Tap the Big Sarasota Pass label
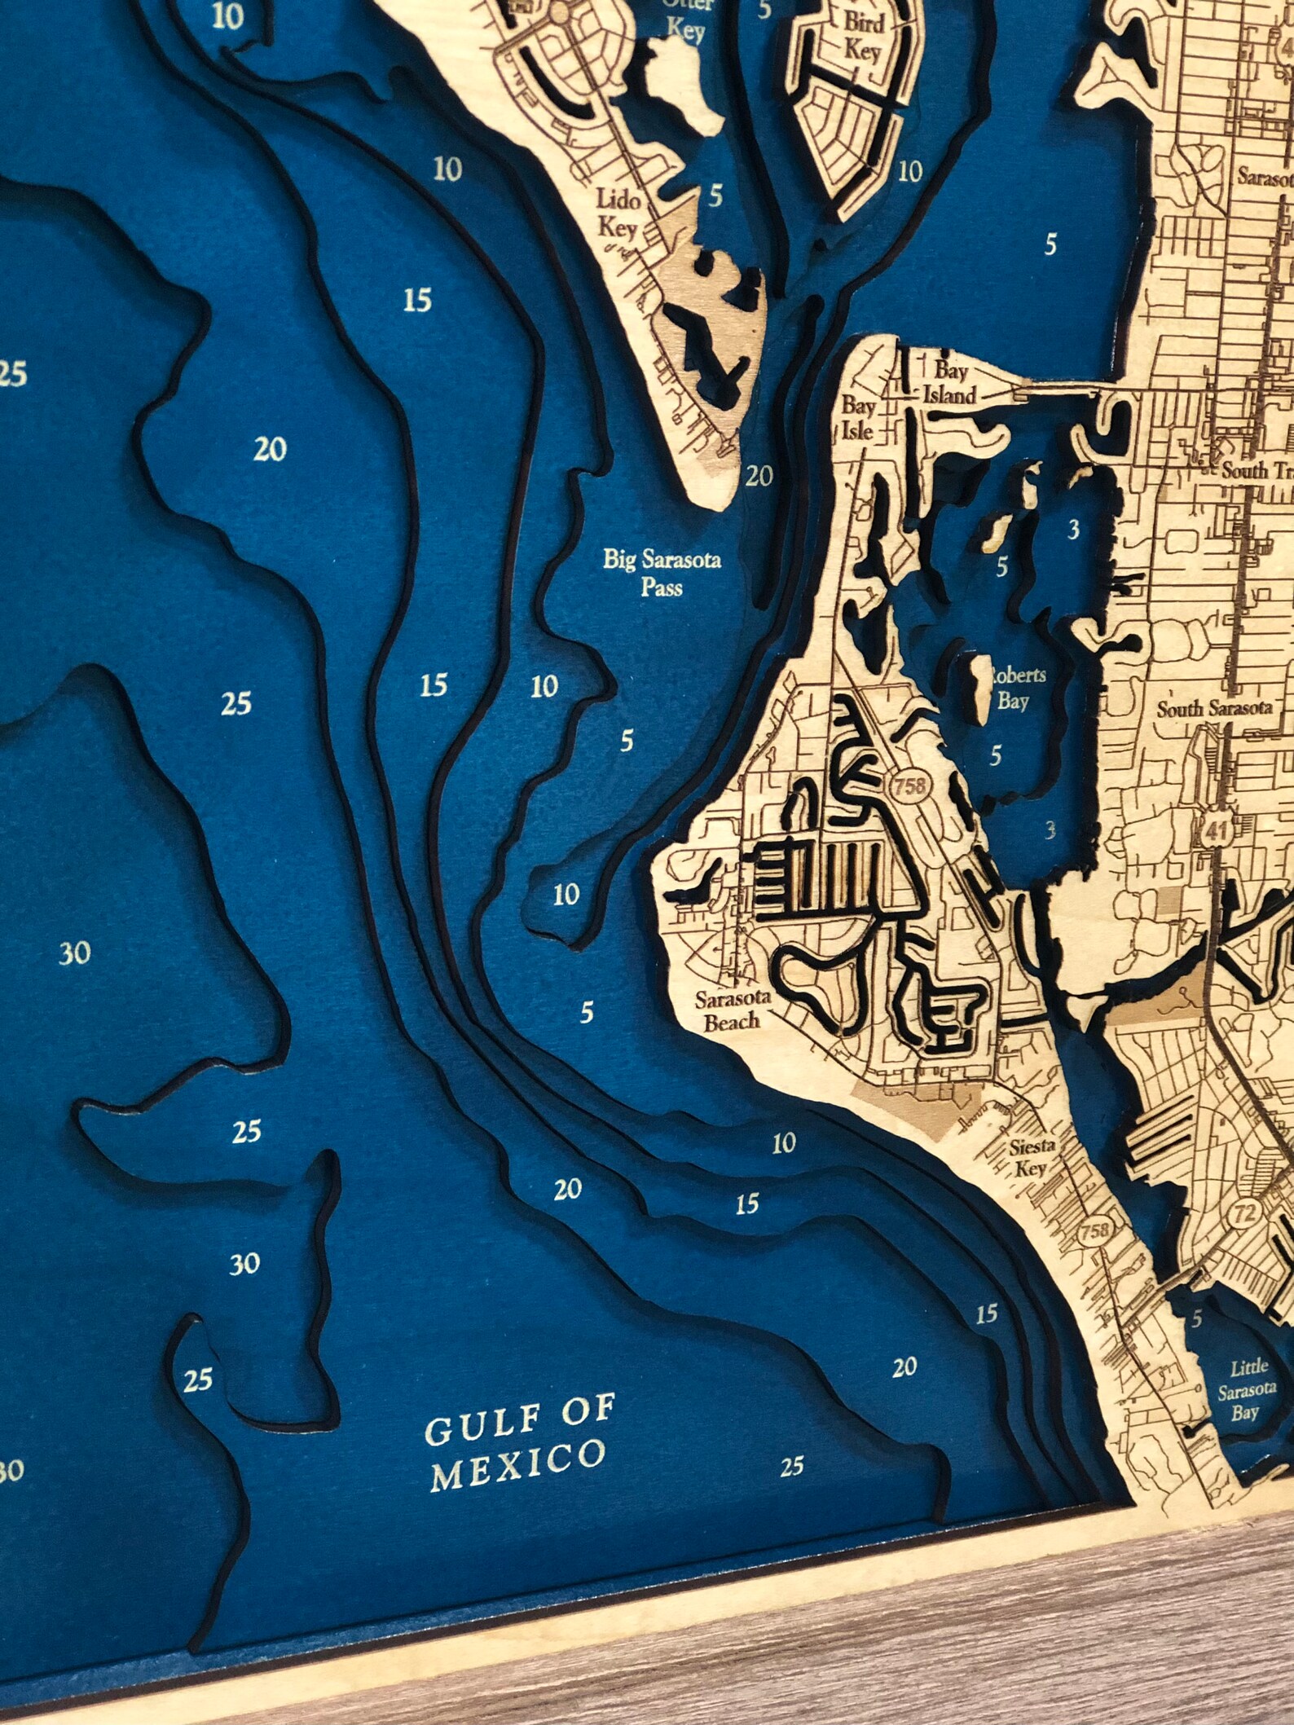pyautogui.click(x=662, y=573)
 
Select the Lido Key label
pyautogui.click(x=618, y=213)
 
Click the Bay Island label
pyautogui.click(x=949, y=383)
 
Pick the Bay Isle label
pyautogui.click(x=858, y=417)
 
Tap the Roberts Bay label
pyautogui.click(x=1015, y=688)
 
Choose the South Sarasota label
pyautogui.click(x=1214, y=708)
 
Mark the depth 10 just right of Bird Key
pyautogui.click(x=909, y=172)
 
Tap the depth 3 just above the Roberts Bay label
pyautogui.click(x=1073, y=530)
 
